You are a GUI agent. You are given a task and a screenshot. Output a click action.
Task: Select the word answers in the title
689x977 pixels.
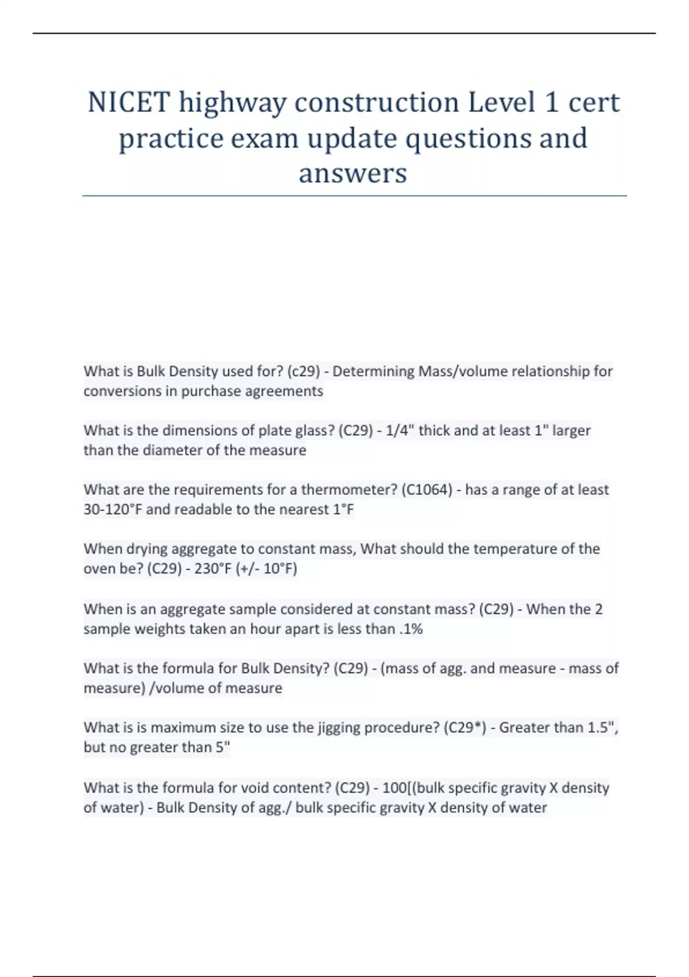click(x=353, y=173)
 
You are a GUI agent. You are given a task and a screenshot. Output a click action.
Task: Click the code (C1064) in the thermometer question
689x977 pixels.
click(x=427, y=490)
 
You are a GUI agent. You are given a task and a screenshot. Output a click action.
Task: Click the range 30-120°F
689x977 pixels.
click(x=113, y=509)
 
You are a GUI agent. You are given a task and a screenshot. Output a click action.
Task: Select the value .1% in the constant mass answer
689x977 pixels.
click(x=411, y=629)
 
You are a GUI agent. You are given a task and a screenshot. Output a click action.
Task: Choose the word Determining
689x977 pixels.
click(x=374, y=371)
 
